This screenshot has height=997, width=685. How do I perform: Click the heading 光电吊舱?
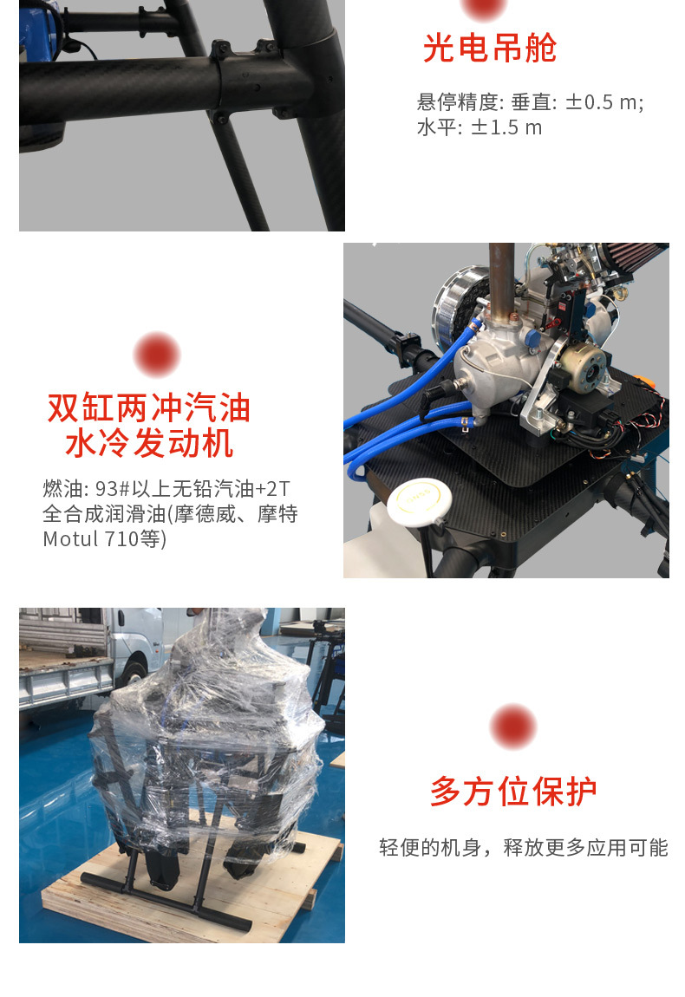click(x=490, y=48)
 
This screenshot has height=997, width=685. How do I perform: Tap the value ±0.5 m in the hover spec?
click(x=601, y=102)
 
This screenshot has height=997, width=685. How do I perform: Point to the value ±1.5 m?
click(x=506, y=127)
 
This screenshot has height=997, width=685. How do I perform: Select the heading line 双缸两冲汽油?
click(x=149, y=407)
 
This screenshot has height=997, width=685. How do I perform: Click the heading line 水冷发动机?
click(x=149, y=443)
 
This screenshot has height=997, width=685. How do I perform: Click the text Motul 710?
click(x=91, y=539)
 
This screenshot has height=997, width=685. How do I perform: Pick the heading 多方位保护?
click(x=513, y=792)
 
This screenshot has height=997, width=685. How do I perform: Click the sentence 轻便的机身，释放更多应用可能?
click(x=524, y=848)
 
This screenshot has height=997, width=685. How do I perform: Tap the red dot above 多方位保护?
click(x=513, y=727)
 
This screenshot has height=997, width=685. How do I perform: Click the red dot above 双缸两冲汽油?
click(x=157, y=355)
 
